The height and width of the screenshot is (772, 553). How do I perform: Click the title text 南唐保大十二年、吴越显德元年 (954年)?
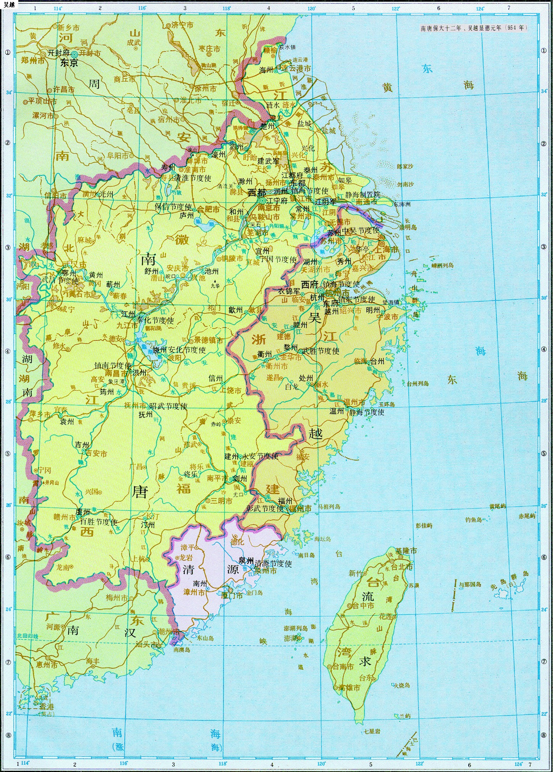[474, 28]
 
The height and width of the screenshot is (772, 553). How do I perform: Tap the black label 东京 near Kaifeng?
[69, 63]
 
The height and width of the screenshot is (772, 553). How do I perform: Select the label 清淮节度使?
[193, 178]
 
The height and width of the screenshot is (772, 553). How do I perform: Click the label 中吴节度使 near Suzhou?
[360, 230]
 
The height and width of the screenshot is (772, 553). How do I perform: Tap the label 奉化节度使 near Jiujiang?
[155, 320]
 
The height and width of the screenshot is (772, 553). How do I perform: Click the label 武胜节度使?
[321, 351]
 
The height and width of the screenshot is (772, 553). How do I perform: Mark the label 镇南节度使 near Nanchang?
[113, 365]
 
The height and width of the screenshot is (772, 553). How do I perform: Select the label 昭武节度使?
[168, 406]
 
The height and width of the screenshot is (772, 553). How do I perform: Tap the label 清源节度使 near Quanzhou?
[273, 563]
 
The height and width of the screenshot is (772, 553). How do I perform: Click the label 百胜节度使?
[99, 522]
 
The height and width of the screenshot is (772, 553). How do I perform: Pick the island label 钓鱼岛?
[474, 519]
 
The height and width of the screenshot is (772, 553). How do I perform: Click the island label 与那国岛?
[470, 584]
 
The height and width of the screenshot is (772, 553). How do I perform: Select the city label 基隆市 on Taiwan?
[406, 551]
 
